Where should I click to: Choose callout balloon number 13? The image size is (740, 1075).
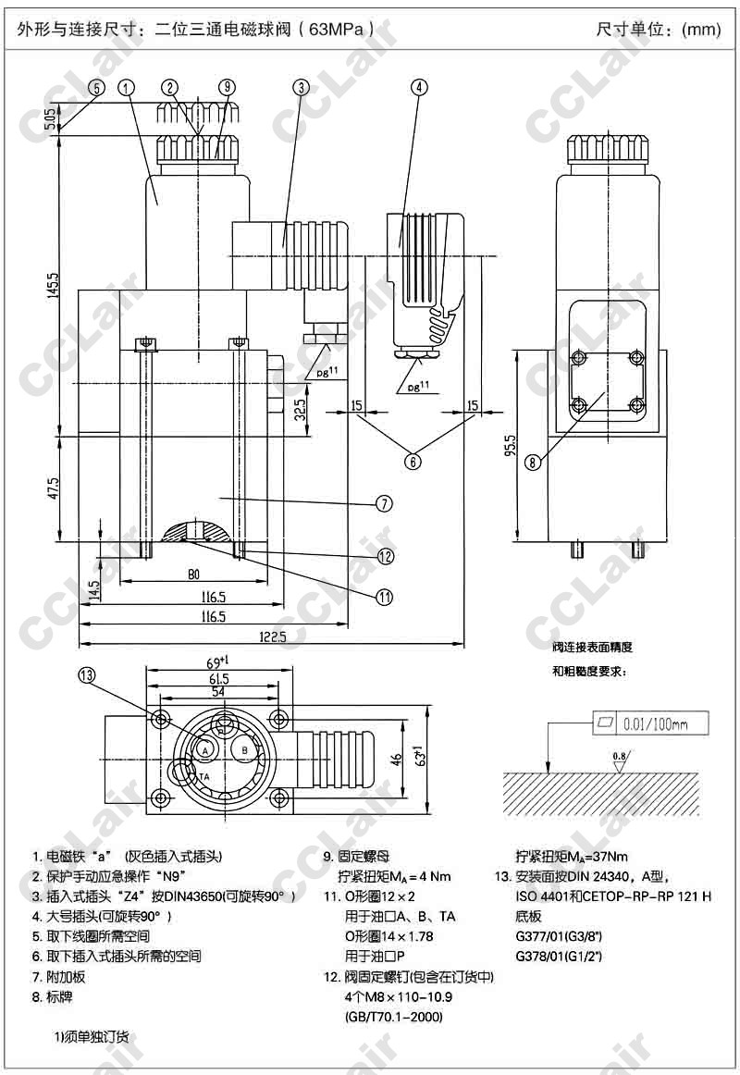tap(87, 675)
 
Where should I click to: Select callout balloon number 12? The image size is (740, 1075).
tap(386, 556)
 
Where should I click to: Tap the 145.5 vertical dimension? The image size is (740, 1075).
tap(55, 290)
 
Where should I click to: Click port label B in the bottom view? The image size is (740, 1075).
tap(244, 750)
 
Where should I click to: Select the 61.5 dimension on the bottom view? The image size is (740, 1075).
tap(218, 678)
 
